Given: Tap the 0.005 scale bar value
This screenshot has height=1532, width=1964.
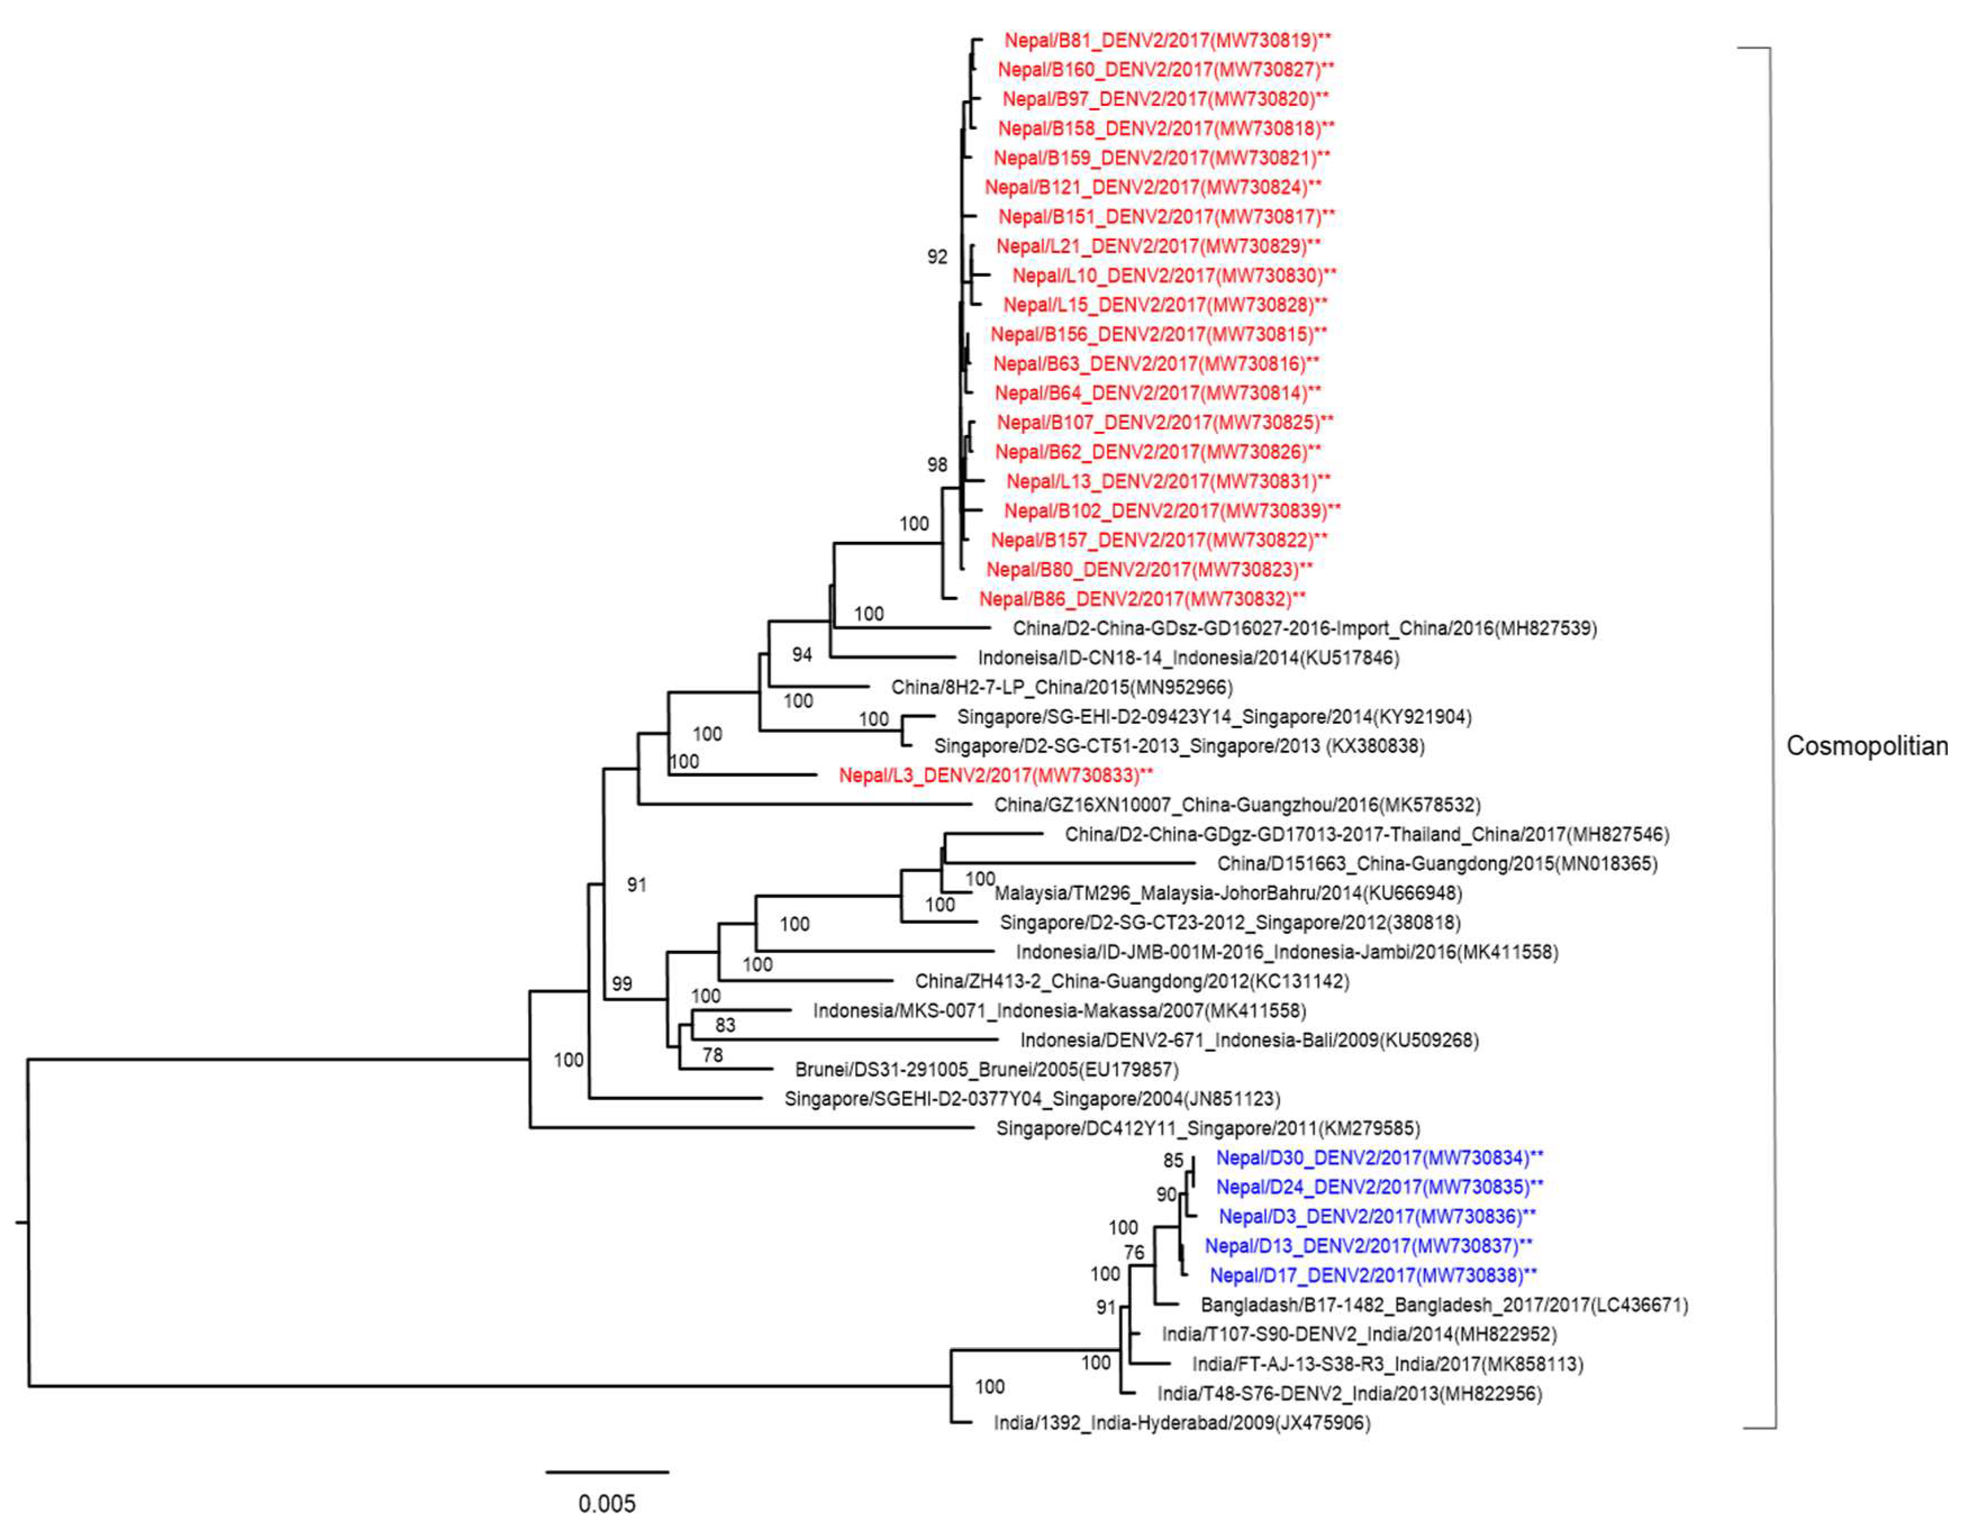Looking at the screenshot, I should coord(606,1503).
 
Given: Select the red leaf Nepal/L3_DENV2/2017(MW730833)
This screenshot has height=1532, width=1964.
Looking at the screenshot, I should coord(994,775).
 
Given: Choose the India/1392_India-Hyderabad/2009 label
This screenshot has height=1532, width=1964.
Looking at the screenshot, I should coord(1181,1423).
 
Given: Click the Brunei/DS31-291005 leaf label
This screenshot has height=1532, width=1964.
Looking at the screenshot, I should coord(986,1070).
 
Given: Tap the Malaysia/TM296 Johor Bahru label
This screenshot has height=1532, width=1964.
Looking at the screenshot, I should coord(1227,893).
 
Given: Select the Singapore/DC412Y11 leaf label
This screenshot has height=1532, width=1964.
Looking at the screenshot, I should coord(1208,1128).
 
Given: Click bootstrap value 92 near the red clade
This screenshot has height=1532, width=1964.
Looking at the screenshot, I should coord(937,257).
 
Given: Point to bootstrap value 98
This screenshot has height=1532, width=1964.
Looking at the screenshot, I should coord(937,465).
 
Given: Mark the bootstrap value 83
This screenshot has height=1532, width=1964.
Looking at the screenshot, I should coord(725,1025).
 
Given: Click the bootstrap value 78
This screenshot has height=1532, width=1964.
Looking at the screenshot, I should coord(712,1055).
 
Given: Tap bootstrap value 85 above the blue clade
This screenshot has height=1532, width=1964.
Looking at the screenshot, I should coord(1172,1161).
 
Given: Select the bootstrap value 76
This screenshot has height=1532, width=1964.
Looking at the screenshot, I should coord(1134,1252).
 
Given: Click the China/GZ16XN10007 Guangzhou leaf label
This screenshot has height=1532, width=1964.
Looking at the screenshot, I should coord(1236,805).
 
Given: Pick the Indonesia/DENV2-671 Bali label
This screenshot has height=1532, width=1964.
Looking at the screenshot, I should coord(1249,1040).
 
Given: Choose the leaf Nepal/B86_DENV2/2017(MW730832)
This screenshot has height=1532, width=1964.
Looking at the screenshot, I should coord(1142,599).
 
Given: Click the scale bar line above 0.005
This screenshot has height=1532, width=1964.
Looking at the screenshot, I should coord(607,1472).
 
